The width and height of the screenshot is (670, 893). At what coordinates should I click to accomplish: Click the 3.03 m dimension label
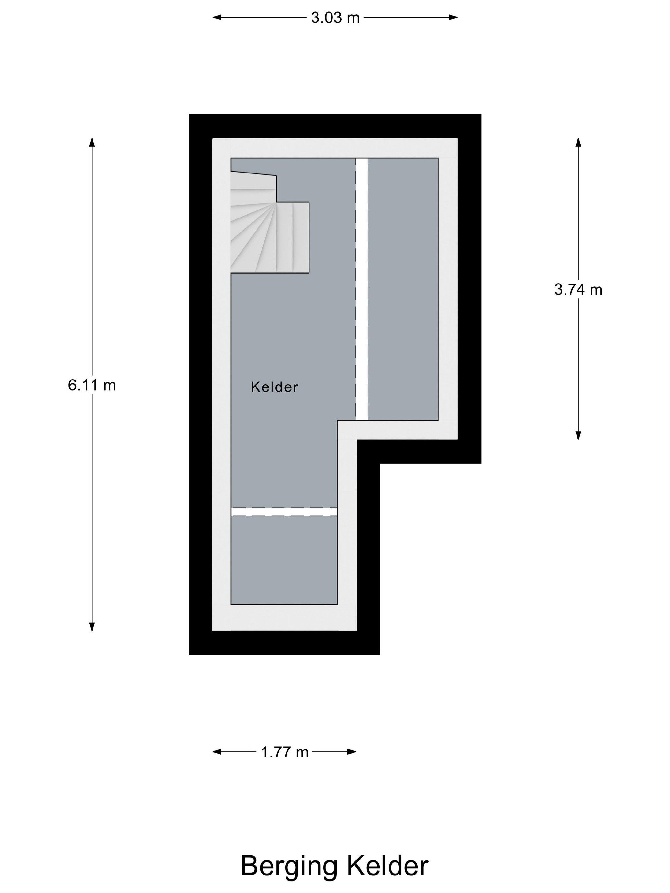335,18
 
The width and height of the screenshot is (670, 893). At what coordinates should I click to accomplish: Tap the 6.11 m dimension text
92,385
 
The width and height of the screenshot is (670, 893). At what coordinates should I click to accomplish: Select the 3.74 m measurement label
578,290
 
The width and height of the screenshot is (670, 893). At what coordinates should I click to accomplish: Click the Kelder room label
274,387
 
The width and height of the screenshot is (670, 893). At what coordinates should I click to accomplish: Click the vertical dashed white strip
361,289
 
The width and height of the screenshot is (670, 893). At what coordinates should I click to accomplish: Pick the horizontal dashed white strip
284,512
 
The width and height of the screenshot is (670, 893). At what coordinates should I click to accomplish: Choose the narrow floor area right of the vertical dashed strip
403,289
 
